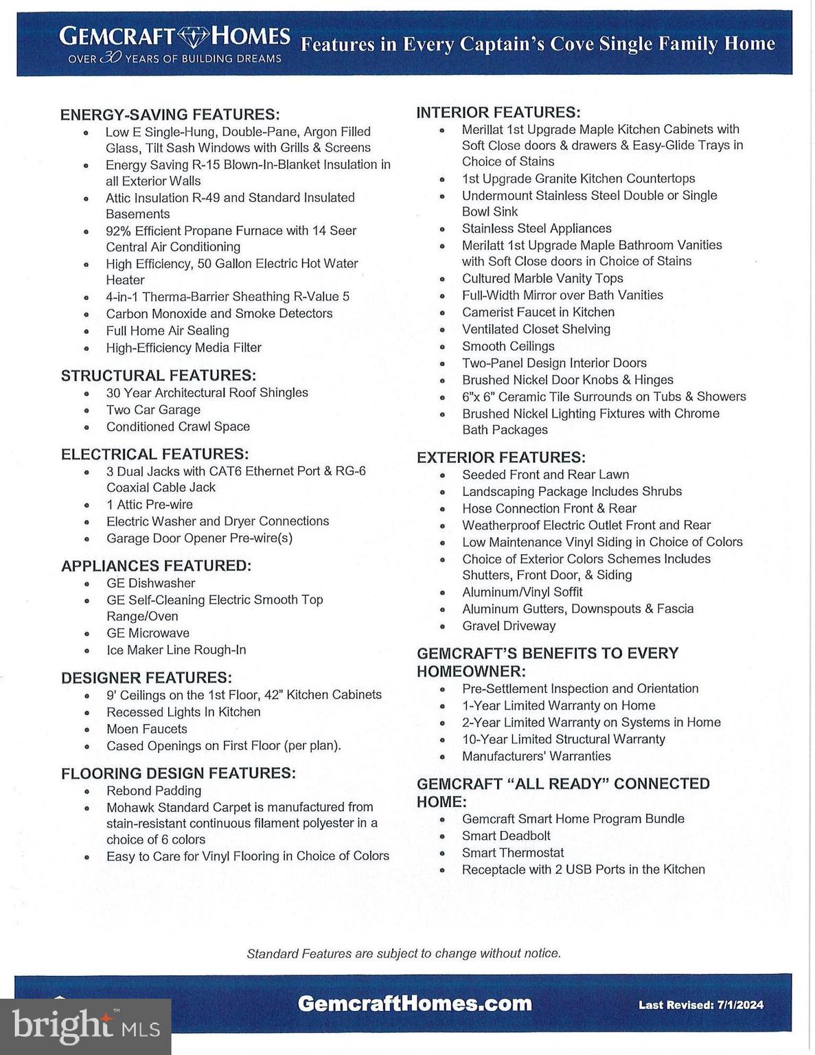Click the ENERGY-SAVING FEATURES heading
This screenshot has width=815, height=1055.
coord(170,114)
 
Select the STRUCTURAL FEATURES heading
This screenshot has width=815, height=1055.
coord(158,376)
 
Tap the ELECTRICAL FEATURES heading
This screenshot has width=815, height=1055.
coord(154,454)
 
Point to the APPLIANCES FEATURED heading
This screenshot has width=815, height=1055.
coord(156,566)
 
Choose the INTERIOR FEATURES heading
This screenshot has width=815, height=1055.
coord(498,112)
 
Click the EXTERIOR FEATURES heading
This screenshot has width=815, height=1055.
coord(501,457)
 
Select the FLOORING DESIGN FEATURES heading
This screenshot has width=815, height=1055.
coord(179,773)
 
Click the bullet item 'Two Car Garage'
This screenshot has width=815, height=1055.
coord(153,409)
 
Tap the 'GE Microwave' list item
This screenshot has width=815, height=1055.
coord(148,633)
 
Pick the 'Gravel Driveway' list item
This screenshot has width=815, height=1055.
coord(509,626)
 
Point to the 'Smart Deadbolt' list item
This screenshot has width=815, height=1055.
coord(506,836)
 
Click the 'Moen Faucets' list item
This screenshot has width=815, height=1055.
coord(146,729)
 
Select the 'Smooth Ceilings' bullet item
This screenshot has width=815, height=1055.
coord(508,346)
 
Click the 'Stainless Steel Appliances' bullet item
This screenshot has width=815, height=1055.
coord(536,229)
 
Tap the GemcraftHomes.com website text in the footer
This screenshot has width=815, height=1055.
coord(415,1003)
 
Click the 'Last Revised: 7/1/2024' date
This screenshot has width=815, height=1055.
coord(700,1005)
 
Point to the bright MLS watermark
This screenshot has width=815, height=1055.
coord(85,1026)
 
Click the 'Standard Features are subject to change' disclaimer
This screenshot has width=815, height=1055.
coord(404,953)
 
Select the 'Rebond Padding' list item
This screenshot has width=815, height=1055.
coord(154,791)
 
